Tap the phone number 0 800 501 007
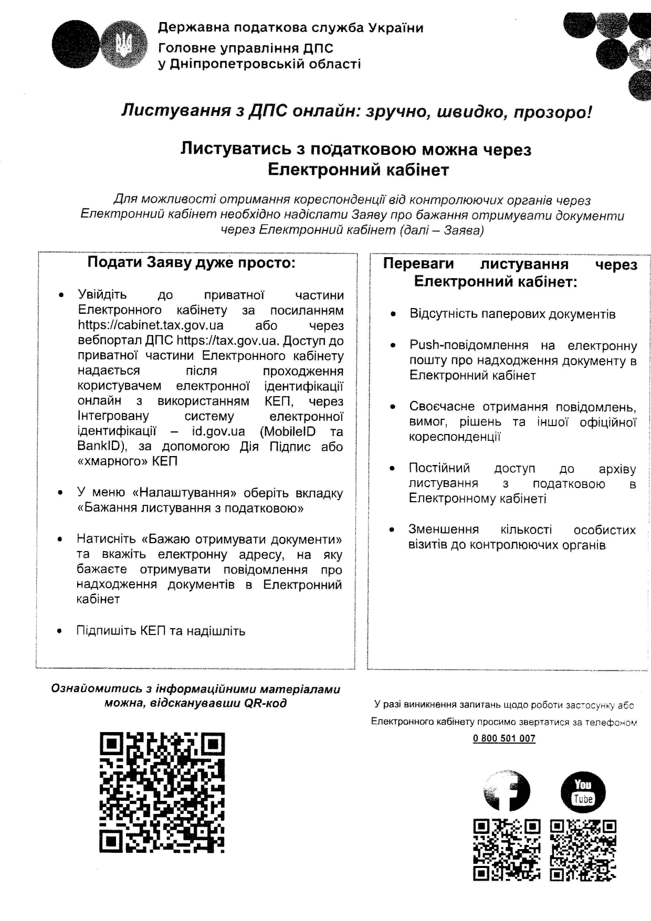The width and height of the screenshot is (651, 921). [x=504, y=738]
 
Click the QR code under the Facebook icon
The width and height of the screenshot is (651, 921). [x=507, y=850]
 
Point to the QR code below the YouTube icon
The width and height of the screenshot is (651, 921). [x=583, y=850]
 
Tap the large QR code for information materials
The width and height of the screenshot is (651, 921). [x=162, y=792]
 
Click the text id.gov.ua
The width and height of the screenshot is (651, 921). [x=218, y=432]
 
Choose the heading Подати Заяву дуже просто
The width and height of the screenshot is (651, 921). [x=191, y=262]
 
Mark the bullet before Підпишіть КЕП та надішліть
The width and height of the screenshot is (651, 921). [x=60, y=631]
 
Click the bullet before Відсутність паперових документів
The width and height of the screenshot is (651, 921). [x=393, y=314]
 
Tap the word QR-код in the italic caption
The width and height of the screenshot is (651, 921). [x=265, y=703]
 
